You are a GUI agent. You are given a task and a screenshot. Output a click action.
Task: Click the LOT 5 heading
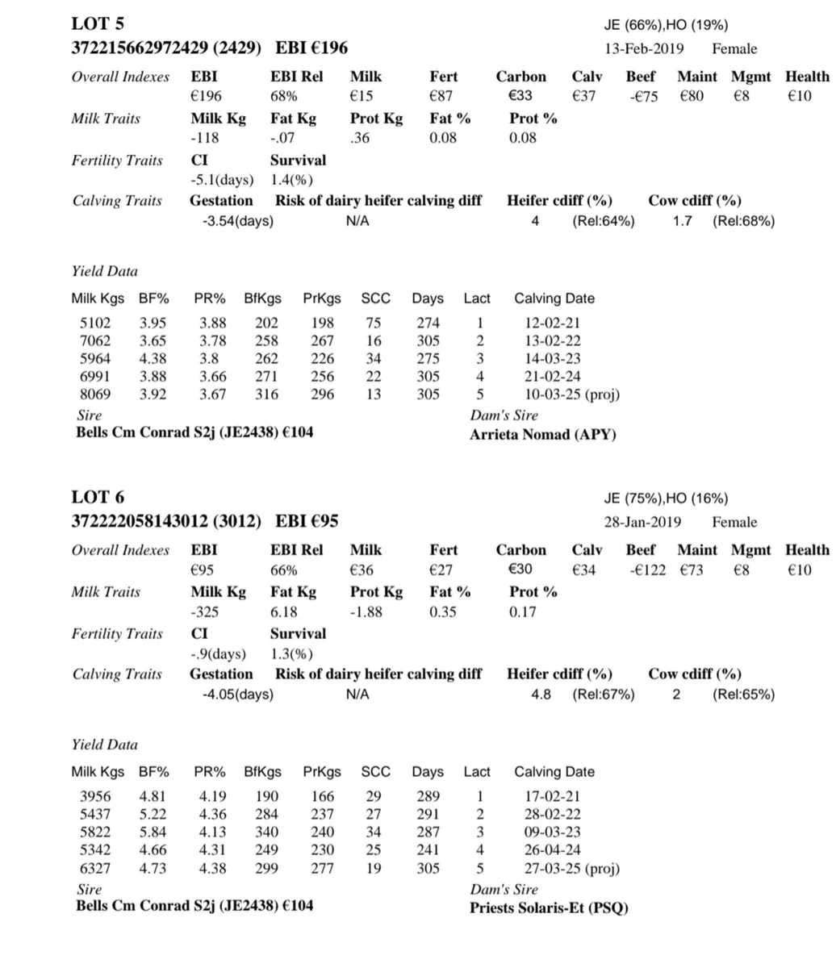pyautogui.click(x=98, y=23)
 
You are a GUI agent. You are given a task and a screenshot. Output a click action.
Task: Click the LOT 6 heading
pyautogui.click(x=98, y=497)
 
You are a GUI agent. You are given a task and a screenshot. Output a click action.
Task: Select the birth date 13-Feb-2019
pyautogui.click(x=643, y=49)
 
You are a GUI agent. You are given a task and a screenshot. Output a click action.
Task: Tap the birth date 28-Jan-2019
pyautogui.click(x=642, y=523)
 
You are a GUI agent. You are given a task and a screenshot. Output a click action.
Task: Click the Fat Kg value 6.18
pyautogui.click(x=285, y=611)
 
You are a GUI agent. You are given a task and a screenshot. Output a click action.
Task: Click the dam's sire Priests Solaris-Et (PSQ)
pyautogui.click(x=549, y=908)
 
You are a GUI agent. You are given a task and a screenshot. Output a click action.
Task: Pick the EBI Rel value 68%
pyautogui.click(x=284, y=97)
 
